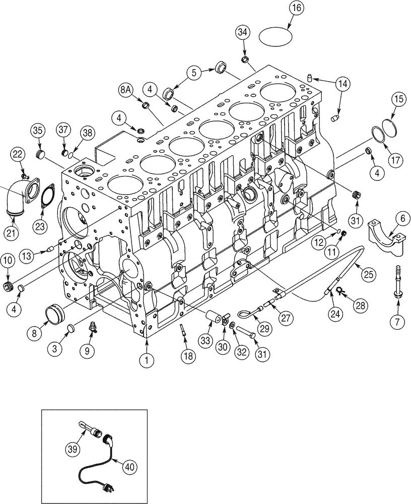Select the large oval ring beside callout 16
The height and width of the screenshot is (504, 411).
pyautogui.click(x=276, y=36)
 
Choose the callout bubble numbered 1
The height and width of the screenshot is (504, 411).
pyautogui.click(x=147, y=360)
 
